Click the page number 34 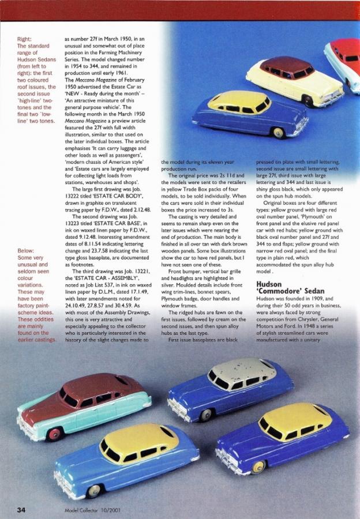(21, 510)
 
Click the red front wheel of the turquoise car (55, 434)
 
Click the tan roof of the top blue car (238, 101)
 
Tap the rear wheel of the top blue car (279, 133)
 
